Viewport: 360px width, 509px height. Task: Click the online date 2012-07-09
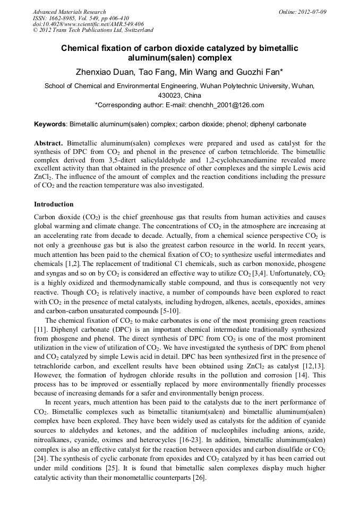pyautogui.click(x=314, y=12)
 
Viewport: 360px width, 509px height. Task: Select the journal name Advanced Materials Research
pyautogui.click(x=69, y=12)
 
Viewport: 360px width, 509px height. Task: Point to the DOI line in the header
pyautogui.click(x=88, y=24)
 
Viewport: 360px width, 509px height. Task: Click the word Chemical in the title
pyautogui.click(x=82, y=48)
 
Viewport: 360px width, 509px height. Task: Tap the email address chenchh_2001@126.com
pyautogui.click(x=226, y=105)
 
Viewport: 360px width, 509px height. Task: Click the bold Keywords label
pyautogui.click(x=50, y=124)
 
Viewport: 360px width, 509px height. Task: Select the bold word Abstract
pyautogui.click(x=48, y=143)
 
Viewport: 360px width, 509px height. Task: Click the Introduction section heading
pyautogui.click(x=54, y=204)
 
